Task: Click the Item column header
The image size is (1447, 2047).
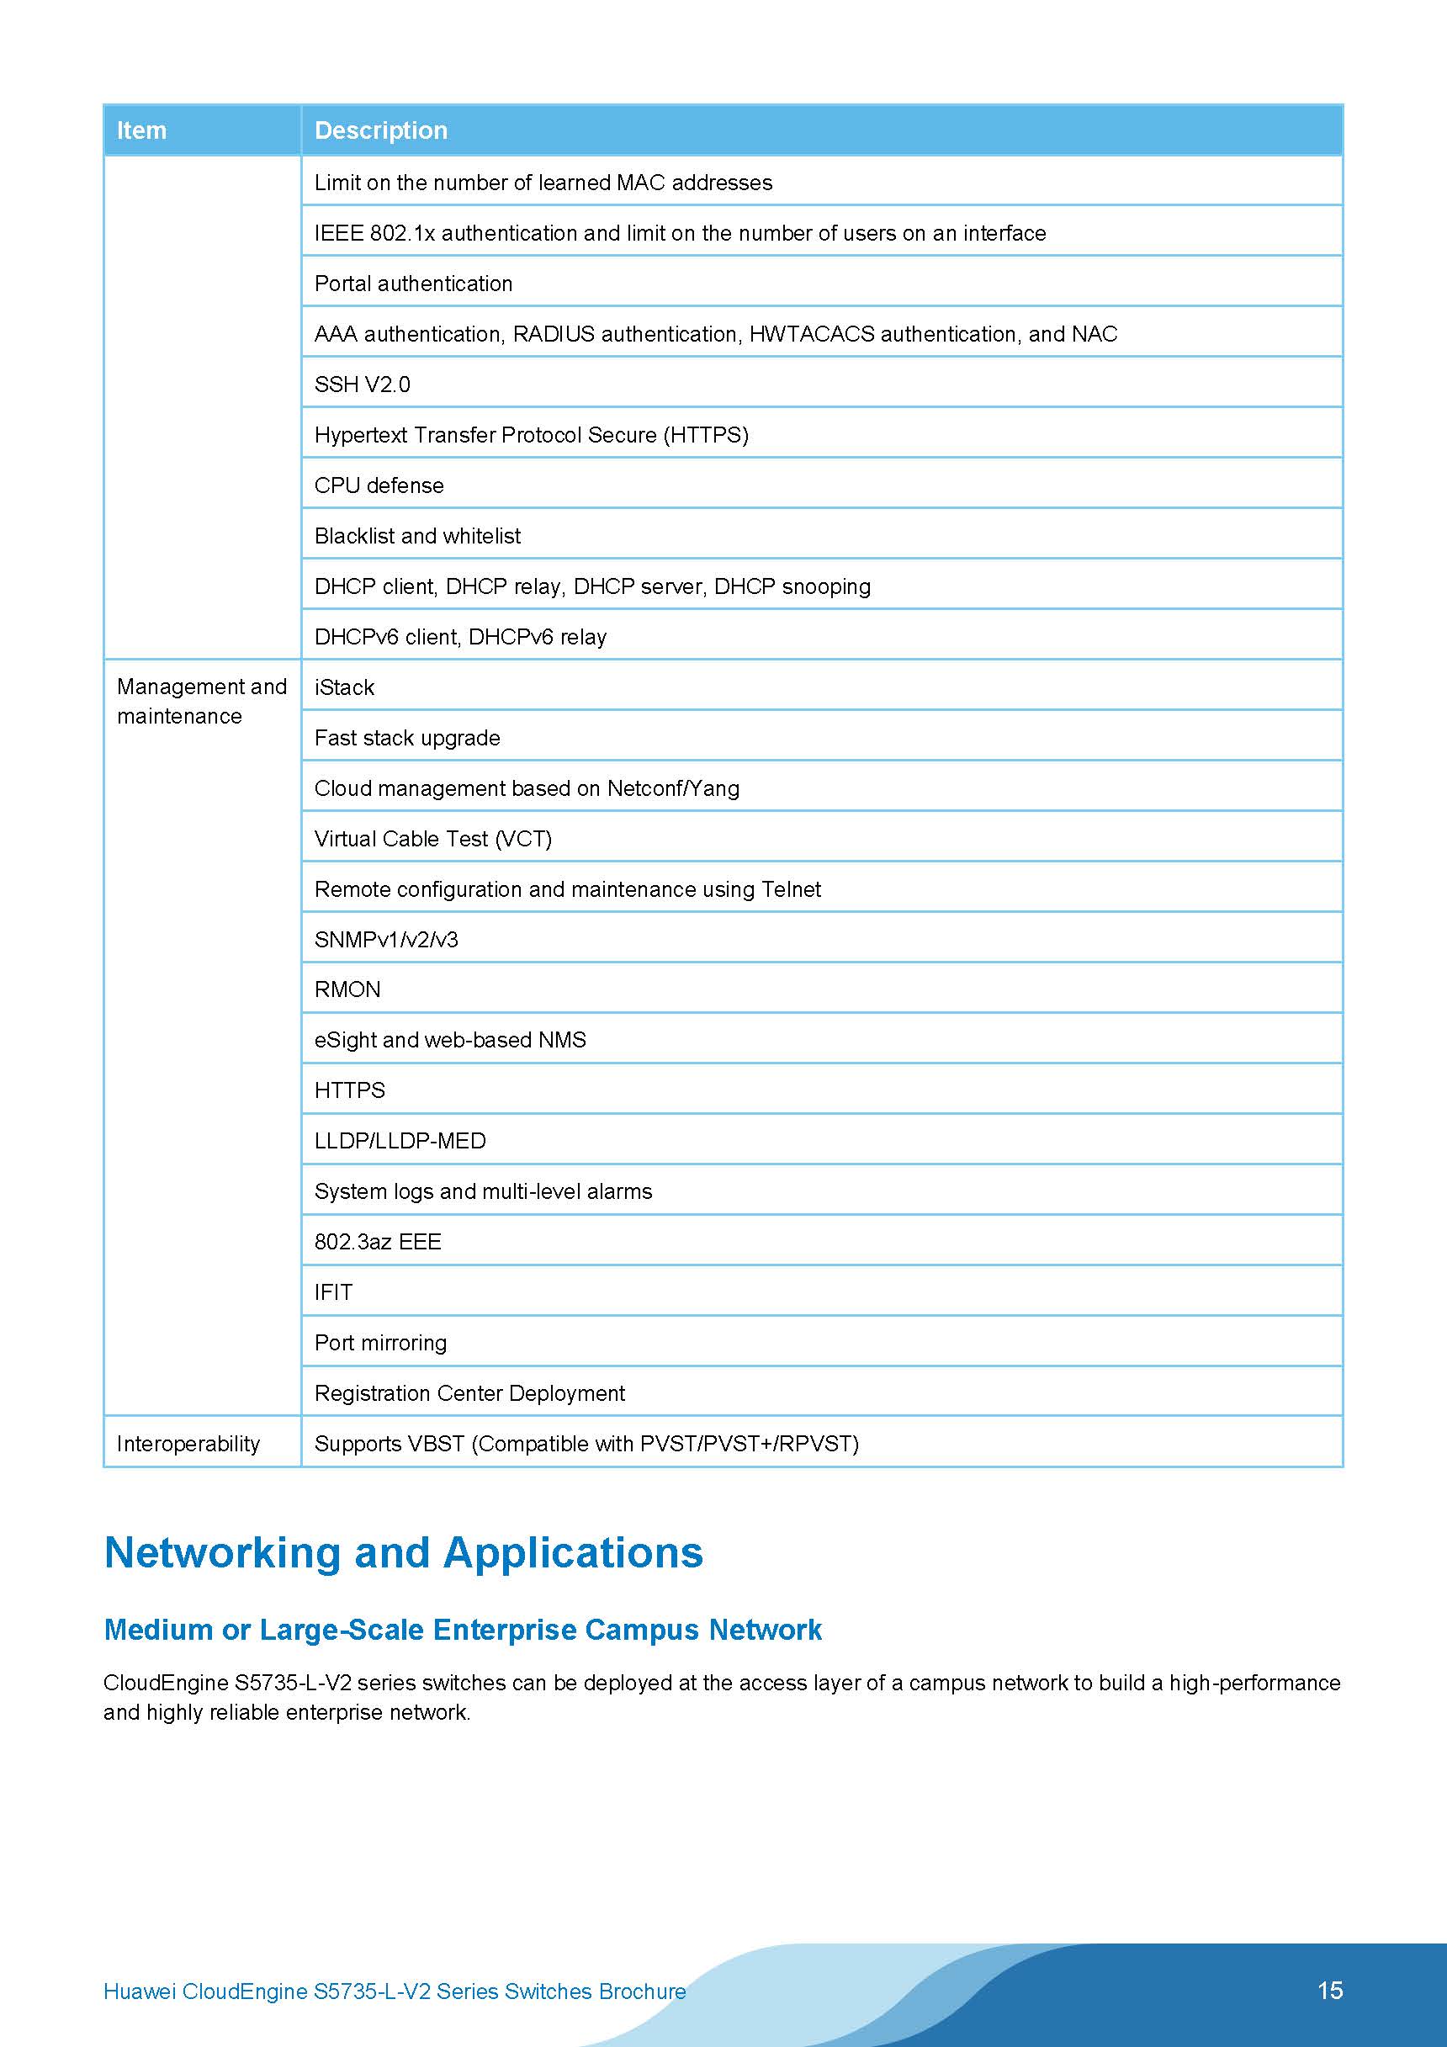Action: pos(142,130)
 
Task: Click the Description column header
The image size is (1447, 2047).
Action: pos(381,130)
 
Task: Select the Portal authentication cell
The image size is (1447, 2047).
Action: pos(414,284)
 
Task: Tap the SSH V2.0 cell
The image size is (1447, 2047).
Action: pos(362,384)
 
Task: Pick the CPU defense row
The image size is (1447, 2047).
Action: pos(379,485)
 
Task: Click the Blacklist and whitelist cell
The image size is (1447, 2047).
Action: pos(417,536)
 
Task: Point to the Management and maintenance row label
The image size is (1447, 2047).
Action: pos(202,701)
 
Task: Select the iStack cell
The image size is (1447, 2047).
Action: pos(344,687)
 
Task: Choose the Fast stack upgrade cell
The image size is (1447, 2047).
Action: pos(407,737)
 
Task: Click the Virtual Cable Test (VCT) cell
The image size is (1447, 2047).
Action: pos(433,838)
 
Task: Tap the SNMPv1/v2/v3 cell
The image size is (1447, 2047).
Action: pos(386,939)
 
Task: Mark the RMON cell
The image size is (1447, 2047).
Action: pos(347,989)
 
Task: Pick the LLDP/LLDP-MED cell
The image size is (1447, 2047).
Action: pos(400,1140)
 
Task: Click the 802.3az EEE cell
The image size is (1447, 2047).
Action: pos(378,1241)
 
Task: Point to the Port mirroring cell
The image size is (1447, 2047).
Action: pos(381,1342)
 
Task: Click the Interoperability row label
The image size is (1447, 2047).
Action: pos(188,1444)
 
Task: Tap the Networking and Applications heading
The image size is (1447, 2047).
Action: pos(403,1552)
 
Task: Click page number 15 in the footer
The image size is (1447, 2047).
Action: pos(1329,1990)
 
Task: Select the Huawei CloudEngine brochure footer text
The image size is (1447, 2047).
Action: pos(394,1991)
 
